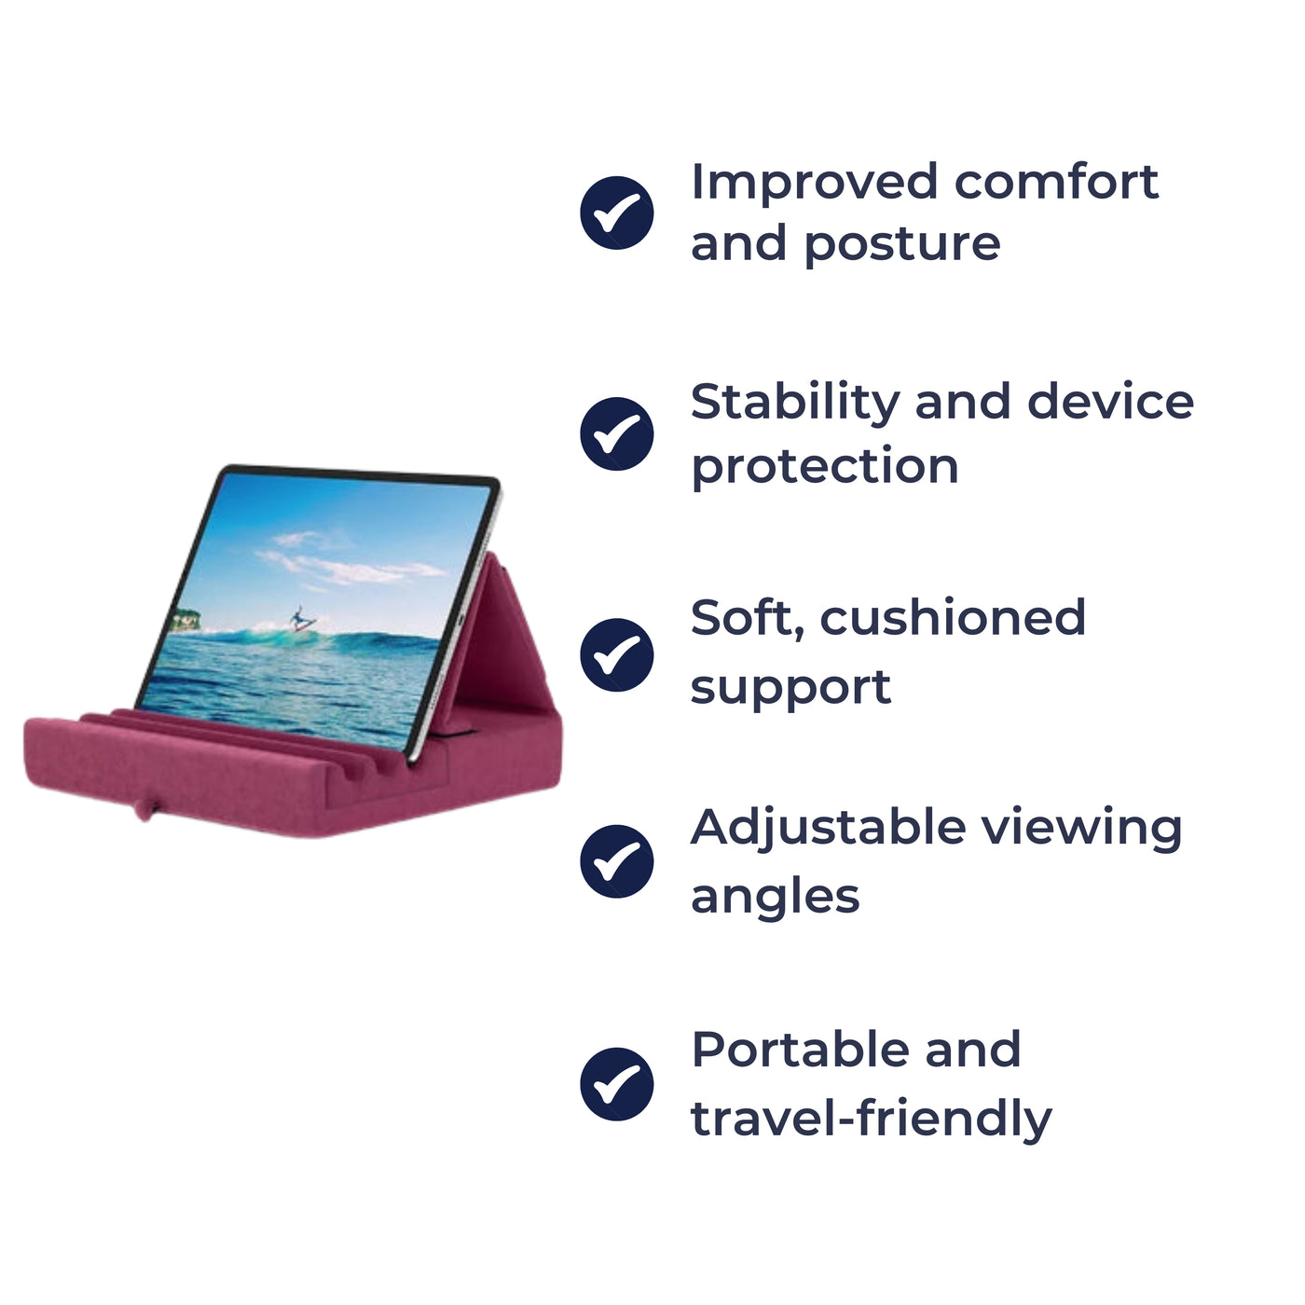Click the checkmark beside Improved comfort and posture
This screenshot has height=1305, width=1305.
(617, 213)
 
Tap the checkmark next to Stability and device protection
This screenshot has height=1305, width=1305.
(617, 433)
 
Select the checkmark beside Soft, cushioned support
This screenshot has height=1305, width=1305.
(617, 654)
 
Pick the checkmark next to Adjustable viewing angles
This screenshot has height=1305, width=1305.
(617, 861)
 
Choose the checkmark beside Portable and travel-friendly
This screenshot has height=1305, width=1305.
(617, 1083)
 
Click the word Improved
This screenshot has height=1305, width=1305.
(813, 182)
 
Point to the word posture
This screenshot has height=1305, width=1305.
(901, 245)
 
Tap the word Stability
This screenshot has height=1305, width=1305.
(794, 403)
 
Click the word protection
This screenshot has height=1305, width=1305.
(824, 466)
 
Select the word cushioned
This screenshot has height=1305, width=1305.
(953, 618)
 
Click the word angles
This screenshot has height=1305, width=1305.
(775, 898)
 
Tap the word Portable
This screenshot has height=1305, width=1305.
(798, 1050)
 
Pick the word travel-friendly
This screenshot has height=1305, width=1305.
(871, 1118)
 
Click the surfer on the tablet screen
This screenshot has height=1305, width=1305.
(300, 619)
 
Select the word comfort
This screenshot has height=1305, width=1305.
(1055, 182)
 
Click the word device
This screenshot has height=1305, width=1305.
(1109, 403)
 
